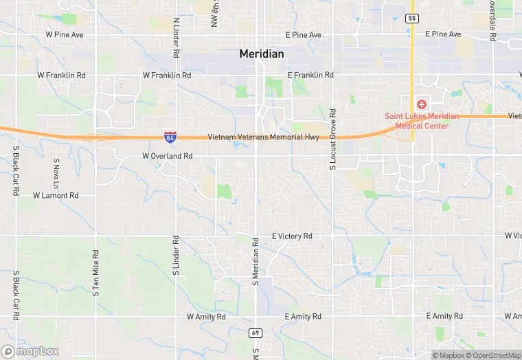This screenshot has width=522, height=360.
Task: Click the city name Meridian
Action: (x=262, y=54)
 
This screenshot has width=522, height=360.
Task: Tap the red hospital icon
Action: (x=421, y=104)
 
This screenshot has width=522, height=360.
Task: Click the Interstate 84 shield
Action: (x=170, y=137)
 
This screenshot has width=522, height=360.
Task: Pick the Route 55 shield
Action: (x=411, y=18)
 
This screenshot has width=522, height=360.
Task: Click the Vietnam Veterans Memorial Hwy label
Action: (x=263, y=137)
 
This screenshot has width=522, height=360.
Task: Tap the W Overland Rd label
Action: (x=167, y=156)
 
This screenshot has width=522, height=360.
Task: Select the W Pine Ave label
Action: (x=64, y=34)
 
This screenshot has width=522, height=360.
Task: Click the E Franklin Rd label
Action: (x=310, y=74)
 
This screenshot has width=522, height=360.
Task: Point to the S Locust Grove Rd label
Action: (x=332, y=139)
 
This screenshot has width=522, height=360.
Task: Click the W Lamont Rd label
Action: (x=56, y=195)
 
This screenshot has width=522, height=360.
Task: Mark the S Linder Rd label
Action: (x=176, y=256)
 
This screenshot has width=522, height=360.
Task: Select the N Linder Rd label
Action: (x=177, y=37)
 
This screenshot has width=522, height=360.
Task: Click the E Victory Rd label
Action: (x=292, y=236)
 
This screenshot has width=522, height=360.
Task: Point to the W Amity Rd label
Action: (x=206, y=317)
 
